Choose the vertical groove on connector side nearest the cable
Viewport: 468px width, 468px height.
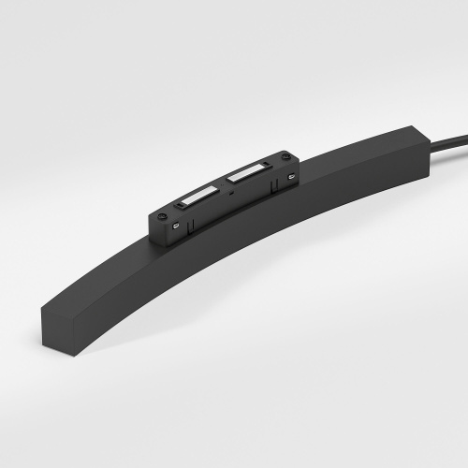[272, 186]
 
